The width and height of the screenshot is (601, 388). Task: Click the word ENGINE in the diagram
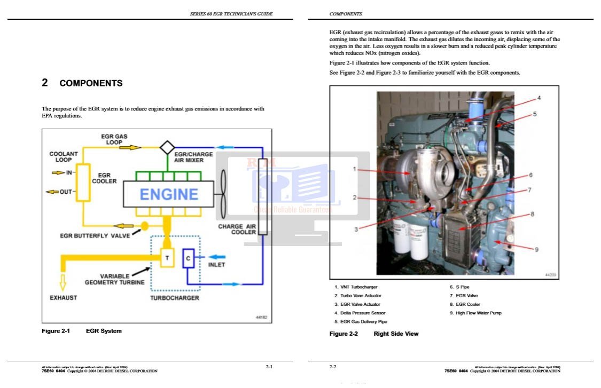pos(169,194)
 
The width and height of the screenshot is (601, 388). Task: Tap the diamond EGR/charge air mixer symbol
pos(168,147)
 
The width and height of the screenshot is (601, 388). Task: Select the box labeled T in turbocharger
pos(167,258)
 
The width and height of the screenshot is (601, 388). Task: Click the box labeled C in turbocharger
pos(188,258)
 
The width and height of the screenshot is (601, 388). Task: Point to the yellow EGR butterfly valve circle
pos(144,226)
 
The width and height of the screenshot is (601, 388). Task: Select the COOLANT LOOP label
pos(64,157)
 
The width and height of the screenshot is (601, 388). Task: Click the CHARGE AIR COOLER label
pos(237,229)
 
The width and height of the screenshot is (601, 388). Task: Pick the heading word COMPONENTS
pos(91,83)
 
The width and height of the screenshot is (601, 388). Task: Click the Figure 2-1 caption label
pos(56,331)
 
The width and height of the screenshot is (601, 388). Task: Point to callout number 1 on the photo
pos(354,169)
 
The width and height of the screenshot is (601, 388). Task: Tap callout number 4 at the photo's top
pos(538,98)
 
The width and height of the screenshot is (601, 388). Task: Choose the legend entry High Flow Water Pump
pos(478,313)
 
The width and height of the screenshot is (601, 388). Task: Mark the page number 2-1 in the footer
pos(269,367)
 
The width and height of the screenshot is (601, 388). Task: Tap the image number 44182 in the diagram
pos(261,318)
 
